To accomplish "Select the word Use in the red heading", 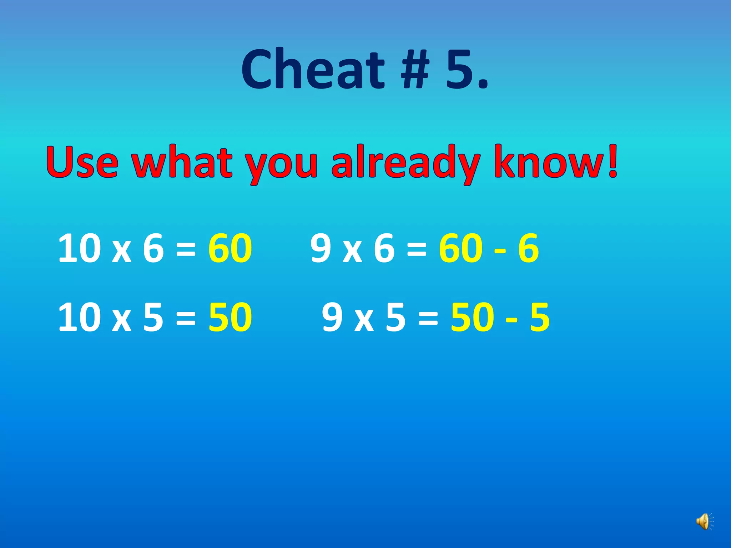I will tap(82, 162).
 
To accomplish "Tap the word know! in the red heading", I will tap(555, 162).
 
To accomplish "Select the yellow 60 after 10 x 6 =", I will tap(230, 248).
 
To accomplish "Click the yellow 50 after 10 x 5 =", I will tap(230, 317).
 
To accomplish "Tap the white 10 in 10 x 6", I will tap(79, 248).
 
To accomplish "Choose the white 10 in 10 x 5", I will tap(79, 317).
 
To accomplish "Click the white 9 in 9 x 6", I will tap(321, 248).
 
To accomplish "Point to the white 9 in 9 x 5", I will tap(332, 317).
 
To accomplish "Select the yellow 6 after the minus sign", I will tap(528, 248).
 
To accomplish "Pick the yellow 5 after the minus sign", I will tap(540, 317).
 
